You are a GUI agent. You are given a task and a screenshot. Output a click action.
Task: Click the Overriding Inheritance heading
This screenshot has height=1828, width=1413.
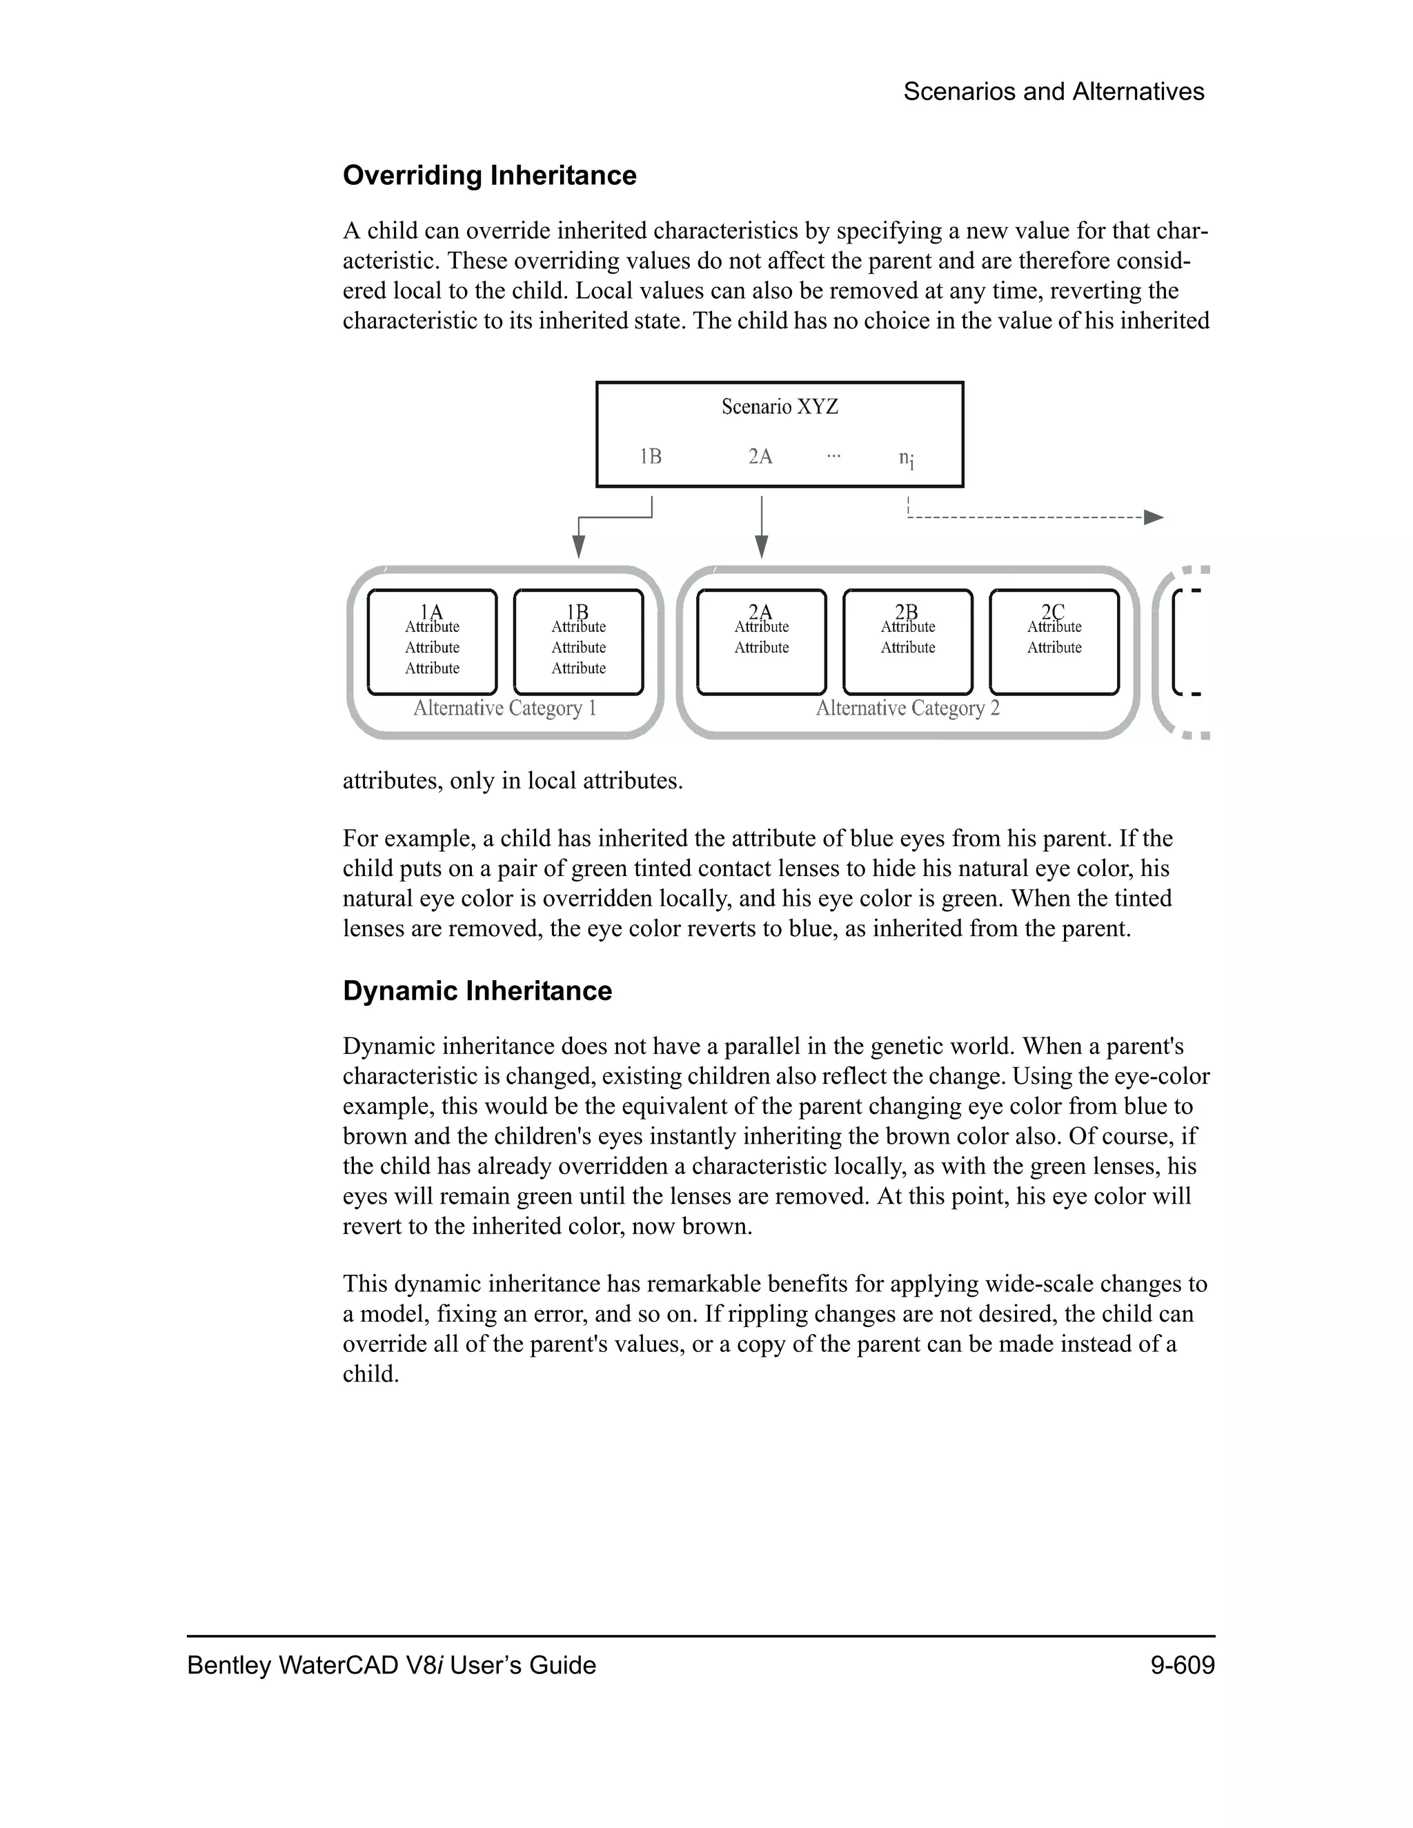[x=489, y=175]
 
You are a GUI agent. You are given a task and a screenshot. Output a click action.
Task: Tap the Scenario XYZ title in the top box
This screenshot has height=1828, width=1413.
[x=780, y=407]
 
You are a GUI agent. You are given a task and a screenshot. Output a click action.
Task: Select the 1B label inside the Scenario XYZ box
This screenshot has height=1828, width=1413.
[x=651, y=456]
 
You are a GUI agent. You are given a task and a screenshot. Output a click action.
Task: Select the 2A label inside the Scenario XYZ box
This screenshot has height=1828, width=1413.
[x=760, y=456]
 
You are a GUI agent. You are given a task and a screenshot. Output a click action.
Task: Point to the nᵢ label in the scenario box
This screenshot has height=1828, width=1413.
[x=906, y=458]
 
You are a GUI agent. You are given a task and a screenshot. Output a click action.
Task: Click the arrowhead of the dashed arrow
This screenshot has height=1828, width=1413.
[x=1154, y=517]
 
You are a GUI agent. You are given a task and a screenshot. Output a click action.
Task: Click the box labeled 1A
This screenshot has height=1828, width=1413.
[x=432, y=642]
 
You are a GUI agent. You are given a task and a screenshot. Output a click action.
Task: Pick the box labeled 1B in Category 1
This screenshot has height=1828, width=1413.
[x=578, y=642]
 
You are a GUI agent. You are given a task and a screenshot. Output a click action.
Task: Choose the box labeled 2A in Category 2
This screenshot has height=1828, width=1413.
[x=761, y=642]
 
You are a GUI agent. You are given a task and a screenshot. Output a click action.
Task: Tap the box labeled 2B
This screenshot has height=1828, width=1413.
[x=907, y=642]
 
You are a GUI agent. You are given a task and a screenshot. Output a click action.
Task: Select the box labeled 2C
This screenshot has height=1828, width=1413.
[x=1054, y=642]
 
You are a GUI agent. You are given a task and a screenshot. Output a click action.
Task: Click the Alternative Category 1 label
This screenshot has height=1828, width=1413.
[x=505, y=708]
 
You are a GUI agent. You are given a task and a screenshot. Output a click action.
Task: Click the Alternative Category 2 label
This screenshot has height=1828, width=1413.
[x=907, y=708]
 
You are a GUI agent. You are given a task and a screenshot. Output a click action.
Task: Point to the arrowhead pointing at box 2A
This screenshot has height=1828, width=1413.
[x=761, y=548]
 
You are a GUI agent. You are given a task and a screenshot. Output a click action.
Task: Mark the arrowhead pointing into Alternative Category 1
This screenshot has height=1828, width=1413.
[x=578, y=548]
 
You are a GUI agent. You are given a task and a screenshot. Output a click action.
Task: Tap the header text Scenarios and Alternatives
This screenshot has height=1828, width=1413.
[x=1053, y=91]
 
